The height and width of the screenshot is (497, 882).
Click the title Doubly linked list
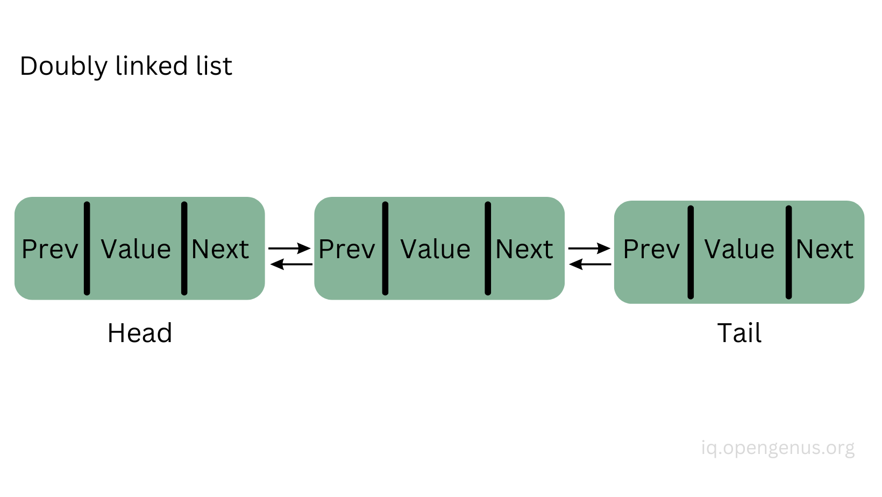coord(126,66)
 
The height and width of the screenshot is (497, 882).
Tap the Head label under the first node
coord(140,333)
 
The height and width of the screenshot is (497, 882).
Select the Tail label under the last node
coord(739,333)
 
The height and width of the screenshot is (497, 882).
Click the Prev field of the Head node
coord(50,249)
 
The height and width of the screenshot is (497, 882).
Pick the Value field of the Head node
coord(136,249)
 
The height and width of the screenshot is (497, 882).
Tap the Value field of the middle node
coord(436,249)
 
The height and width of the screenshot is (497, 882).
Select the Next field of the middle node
coord(524,249)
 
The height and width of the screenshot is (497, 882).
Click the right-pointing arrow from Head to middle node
coord(289,248)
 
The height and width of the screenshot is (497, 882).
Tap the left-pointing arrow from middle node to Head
coord(291,264)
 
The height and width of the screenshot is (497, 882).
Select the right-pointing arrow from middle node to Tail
coord(589,248)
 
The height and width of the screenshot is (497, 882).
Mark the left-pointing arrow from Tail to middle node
coord(590,264)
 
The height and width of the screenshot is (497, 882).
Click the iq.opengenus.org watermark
coord(778,448)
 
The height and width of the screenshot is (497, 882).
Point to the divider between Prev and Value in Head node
coord(87,248)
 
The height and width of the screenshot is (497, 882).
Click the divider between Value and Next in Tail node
coord(788,252)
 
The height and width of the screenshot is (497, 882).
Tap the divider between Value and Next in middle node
coord(488,248)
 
